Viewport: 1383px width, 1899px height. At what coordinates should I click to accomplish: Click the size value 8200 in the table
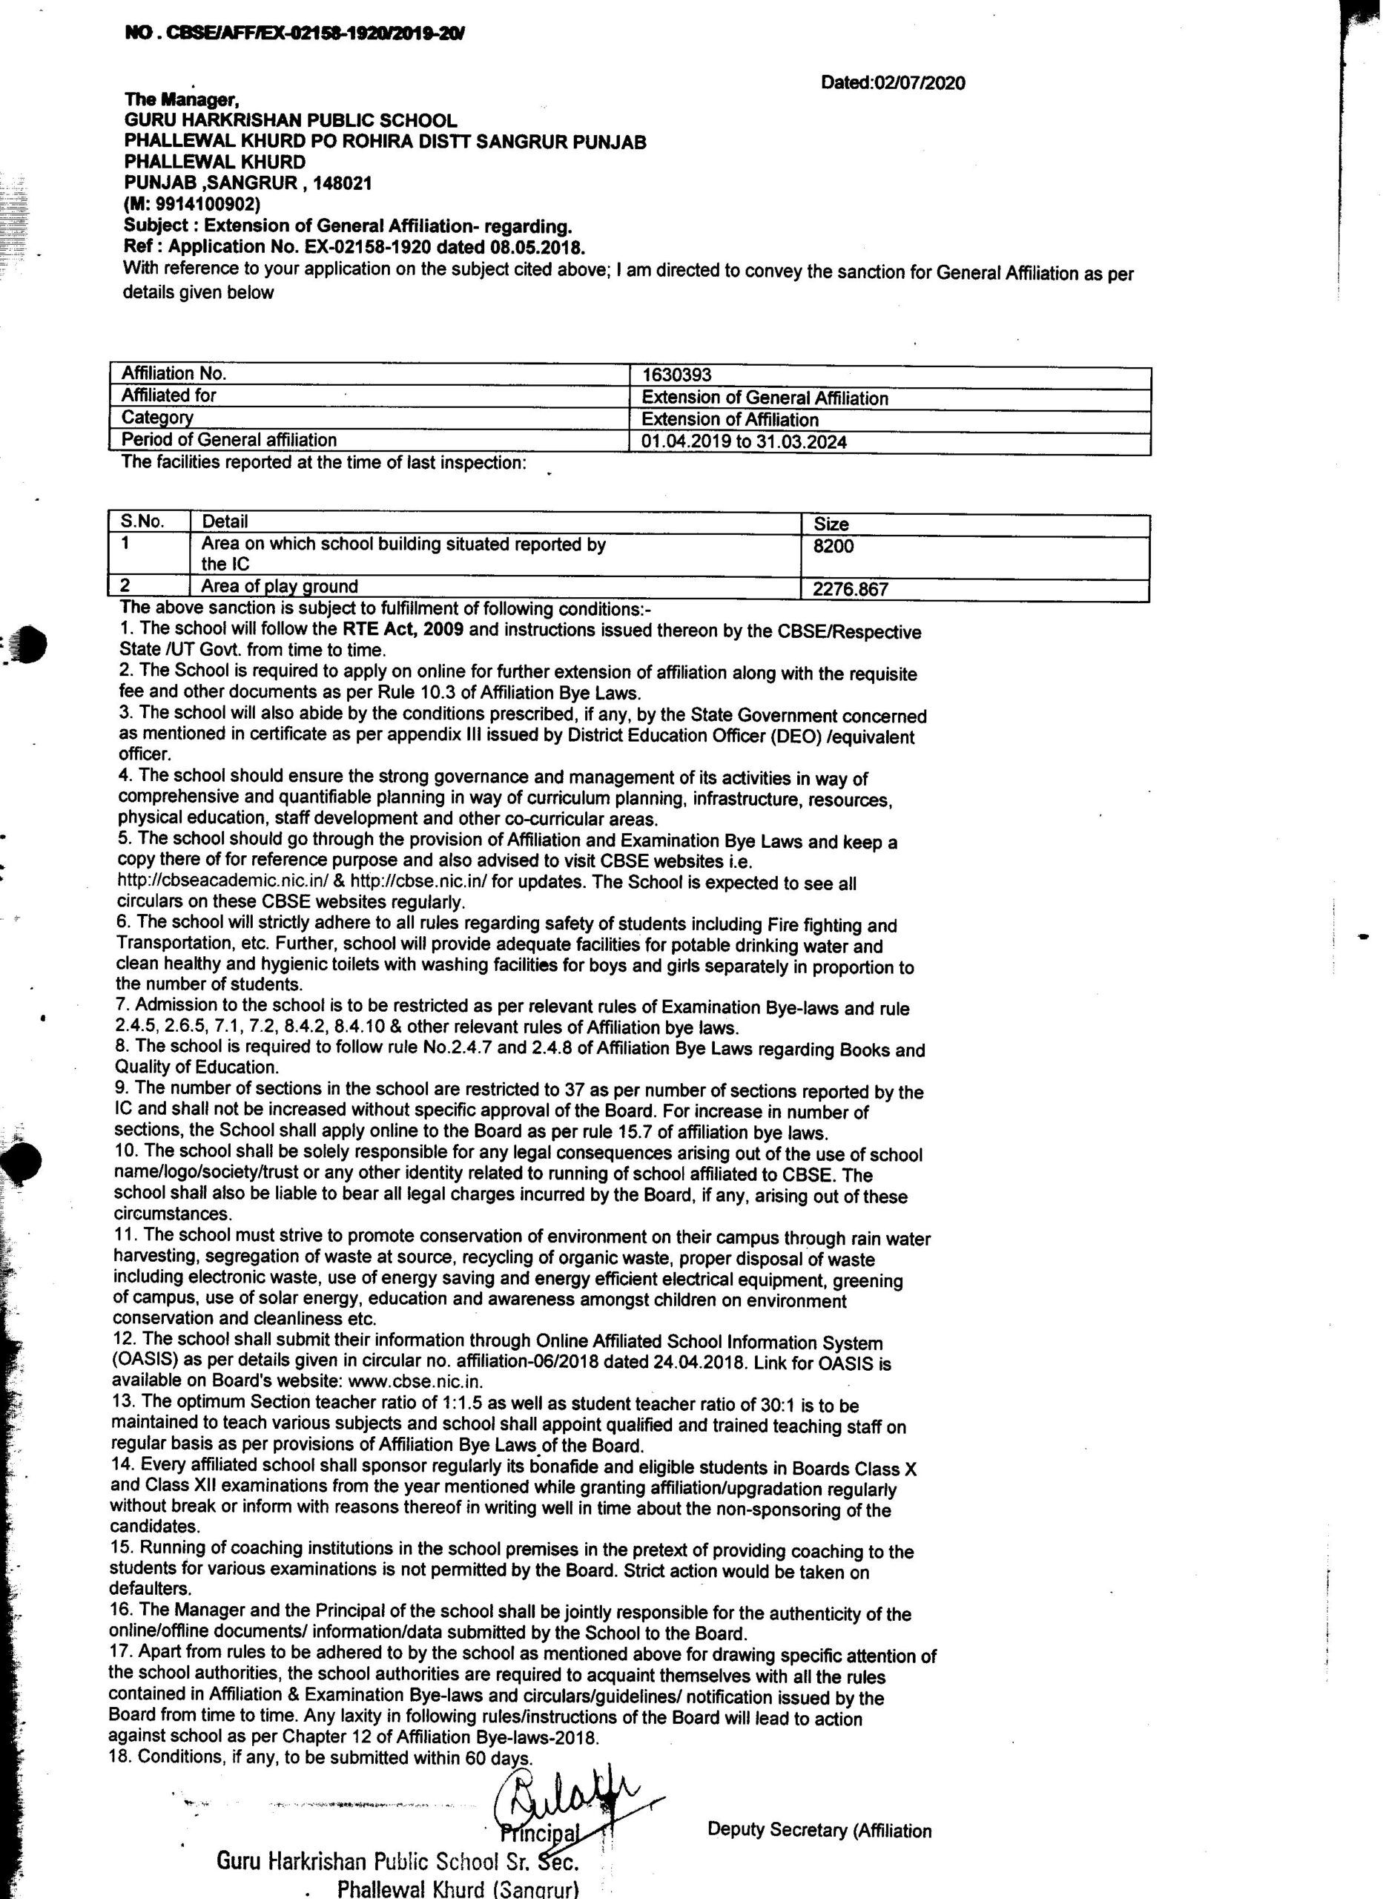click(x=833, y=546)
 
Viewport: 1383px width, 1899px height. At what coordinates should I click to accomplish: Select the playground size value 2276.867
click(x=850, y=590)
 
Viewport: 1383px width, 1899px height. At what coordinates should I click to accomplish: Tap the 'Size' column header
click(x=831, y=524)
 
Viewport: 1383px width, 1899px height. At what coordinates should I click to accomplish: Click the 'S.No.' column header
click(x=143, y=521)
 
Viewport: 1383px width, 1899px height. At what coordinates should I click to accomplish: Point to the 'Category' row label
click(x=157, y=417)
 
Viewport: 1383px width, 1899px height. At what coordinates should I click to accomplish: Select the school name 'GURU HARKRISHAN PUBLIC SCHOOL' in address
click(x=291, y=121)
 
